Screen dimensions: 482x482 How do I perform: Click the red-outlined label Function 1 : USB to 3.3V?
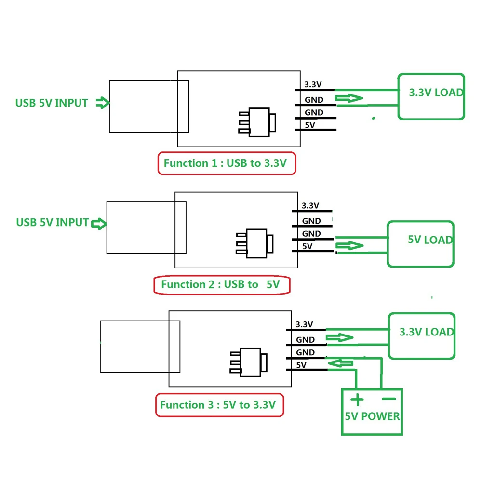click(x=226, y=163)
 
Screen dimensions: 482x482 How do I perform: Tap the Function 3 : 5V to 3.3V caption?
click(x=219, y=405)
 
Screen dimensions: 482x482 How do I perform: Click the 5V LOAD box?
click(x=421, y=244)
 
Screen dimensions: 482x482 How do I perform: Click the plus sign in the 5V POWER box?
click(x=357, y=400)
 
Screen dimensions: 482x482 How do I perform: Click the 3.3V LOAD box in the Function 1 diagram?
click(x=431, y=96)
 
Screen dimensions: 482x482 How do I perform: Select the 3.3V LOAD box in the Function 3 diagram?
click(x=422, y=335)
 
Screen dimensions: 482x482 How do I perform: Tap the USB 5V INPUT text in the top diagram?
click(x=52, y=103)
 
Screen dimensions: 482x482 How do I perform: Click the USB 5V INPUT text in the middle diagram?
click(x=53, y=222)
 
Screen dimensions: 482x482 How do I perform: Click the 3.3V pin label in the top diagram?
click(x=312, y=85)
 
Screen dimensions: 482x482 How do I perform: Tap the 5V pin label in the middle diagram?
click(x=307, y=246)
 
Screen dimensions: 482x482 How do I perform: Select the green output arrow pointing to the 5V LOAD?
click(x=350, y=246)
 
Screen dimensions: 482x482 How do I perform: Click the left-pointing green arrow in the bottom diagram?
click(x=340, y=362)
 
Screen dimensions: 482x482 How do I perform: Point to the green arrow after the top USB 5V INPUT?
click(x=102, y=103)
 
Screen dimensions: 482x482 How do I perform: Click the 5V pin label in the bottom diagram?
click(x=301, y=365)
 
